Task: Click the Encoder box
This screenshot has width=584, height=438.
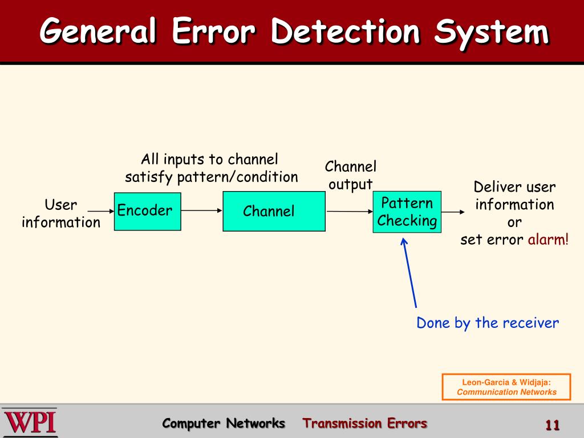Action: pos(147,211)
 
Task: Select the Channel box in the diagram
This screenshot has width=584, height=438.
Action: pos(274,211)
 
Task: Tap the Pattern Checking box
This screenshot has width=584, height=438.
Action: pos(407,212)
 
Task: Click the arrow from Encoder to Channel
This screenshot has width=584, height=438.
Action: pos(201,210)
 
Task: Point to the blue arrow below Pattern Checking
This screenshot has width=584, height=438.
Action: pos(409,274)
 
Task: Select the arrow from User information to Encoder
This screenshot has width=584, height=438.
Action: pos(102,211)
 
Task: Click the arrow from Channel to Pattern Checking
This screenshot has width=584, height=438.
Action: pos(349,212)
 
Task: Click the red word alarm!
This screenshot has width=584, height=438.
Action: pos(547,240)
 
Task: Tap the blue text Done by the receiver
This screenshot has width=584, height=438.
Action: pos(488,323)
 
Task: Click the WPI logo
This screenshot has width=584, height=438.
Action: pos(29,423)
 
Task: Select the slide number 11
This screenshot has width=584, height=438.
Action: pos(552,425)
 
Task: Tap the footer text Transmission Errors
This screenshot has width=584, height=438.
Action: pos(364,423)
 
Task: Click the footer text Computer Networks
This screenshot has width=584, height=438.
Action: pos(224,423)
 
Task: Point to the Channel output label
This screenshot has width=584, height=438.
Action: pos(351,176)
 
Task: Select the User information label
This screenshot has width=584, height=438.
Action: pos(60,213)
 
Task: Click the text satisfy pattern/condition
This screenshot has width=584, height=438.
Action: pos(212,177)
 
